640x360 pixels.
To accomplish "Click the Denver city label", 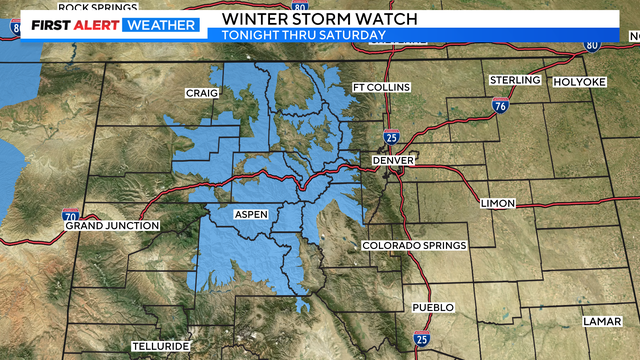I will click(393, 160).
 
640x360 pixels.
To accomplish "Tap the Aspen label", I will click(250, 214).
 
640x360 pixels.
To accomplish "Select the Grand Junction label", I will click(112, 226).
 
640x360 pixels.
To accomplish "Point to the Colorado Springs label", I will click(413, 246).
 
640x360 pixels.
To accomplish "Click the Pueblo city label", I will click(433, 307).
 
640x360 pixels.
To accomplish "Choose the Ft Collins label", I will click(381, 88).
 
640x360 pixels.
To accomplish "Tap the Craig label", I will click(201, 93).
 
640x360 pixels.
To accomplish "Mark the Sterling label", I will click(515, 79).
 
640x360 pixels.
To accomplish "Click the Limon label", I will click(498, 203).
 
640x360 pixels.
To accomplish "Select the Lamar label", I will click(604, 321).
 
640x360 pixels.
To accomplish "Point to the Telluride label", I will click(160, 347).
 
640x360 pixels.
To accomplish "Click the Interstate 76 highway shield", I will click(500, 105).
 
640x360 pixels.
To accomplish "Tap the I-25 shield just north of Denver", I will click(391, 136).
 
